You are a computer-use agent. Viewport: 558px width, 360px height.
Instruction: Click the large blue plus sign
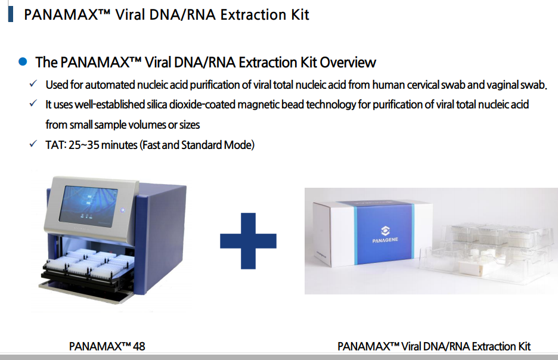click(x=248, y=241)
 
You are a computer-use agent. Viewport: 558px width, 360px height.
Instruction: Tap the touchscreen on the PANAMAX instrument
click(x=88, y=206)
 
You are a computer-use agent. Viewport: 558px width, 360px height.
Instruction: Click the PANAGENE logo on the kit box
click(x=385, y=234)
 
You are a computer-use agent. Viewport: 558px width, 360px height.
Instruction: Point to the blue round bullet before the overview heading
click(x=23, y=61)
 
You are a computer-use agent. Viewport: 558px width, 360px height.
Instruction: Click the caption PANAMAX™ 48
click(x=107, y=346)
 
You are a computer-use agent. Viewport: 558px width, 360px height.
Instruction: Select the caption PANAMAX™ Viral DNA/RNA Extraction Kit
click(x=434, y=346)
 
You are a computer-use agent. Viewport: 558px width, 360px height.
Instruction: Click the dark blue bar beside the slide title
click(x=11, y=14)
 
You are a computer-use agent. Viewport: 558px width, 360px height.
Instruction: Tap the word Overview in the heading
click(x=348, y=62)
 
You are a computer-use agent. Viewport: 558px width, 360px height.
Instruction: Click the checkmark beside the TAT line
click(x=33, y=144)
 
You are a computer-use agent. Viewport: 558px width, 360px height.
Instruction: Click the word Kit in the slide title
click(x=300, y=14)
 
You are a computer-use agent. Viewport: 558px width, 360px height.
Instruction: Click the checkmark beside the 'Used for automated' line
click(x=33, y=83)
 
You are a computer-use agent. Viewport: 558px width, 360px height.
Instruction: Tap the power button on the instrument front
click(x=122, y=210)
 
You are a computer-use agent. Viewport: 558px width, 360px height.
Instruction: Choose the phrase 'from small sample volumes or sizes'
click(x=123, y=125)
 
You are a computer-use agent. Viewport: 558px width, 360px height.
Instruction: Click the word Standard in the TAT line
click(x=201, y=145)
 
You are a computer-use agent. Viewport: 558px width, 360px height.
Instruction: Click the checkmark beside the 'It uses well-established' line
click(x=33, y=103)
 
